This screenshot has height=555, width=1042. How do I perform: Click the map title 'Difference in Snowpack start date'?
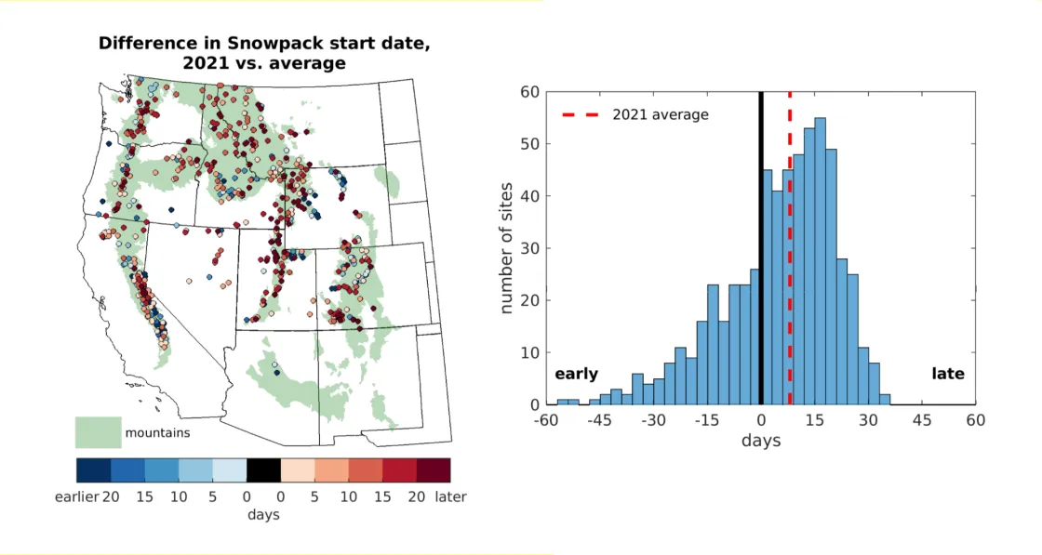[x=264, y=44]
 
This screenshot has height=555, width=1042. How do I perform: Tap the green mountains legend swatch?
[x=98, y=432]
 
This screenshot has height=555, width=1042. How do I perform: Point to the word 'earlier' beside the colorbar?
[x=75, y=496]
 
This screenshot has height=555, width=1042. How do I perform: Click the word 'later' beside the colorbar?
[x=451, y=496]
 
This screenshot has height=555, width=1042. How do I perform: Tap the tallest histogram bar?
[x=820, y=261]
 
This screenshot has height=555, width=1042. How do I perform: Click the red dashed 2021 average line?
[x=790, y=279]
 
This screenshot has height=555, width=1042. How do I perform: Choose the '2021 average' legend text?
[x=661, y=114]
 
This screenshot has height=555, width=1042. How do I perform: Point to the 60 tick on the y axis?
[x=530, y=92]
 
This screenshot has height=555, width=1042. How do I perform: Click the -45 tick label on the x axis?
[x=600, y=421]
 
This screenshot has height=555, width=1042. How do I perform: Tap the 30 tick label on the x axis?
[x=868, y=421]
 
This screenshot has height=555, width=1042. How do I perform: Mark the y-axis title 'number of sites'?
[x=508, y=248]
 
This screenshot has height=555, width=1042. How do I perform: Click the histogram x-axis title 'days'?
[x=761, y=441]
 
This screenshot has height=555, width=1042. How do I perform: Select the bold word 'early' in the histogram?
[x=577, y=374]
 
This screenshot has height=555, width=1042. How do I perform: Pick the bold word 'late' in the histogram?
[x=948, y=374]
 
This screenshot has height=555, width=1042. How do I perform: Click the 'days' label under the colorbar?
[x=263, y=514]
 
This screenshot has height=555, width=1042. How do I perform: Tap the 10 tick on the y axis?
[x=530, y=353]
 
